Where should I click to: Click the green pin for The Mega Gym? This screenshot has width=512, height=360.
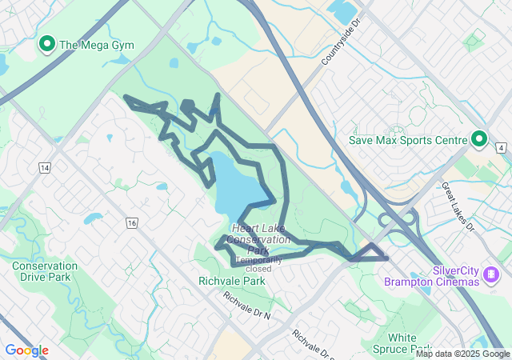(x=47, y=43)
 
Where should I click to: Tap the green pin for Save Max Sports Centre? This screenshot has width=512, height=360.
(x=479, y=140)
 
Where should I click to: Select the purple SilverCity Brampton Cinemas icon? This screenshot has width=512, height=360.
(x=491, y=276)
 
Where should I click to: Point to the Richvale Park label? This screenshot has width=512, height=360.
(x=231, y=282)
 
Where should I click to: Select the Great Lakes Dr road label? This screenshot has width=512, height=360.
(x=458, y=206)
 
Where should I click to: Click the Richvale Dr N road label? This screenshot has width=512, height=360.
(x=247, y=306)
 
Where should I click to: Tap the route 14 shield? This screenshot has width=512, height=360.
(x=44, y=167)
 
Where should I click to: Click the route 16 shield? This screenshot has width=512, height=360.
(x=132, y=222)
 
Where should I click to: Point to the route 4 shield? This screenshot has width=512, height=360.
(x=501, y=148)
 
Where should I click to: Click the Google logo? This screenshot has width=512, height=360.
(x=26, y=350)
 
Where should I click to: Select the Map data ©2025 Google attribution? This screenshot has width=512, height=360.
(x=462, y=354)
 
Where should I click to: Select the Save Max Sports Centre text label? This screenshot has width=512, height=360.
(x=408, y=140)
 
